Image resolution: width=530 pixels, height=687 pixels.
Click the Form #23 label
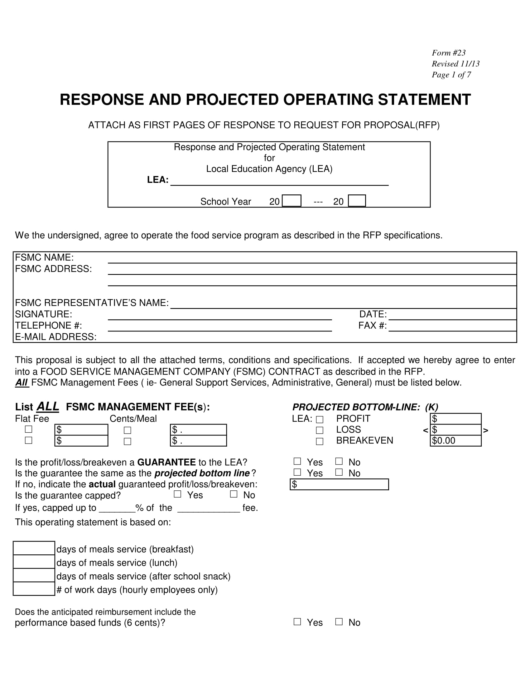click(448, 53)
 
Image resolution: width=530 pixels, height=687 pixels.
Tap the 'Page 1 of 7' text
click(451, 75)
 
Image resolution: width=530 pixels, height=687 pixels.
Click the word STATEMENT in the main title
click(424, 100)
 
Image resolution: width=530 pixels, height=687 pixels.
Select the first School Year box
click(291, 201)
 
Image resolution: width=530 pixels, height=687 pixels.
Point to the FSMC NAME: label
click(44, 257)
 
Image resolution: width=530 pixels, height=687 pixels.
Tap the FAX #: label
click(372, 325)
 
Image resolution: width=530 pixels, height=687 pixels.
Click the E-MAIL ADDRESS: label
click(55, 336)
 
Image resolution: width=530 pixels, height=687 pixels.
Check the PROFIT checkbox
click(320, 419)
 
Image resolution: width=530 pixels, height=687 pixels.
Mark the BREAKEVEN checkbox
click(320, 441)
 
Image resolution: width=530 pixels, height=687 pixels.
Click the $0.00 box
click(455, 441)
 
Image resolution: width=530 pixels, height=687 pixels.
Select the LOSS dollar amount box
click(455, 430)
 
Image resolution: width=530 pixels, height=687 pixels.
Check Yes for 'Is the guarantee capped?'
click(177, 494)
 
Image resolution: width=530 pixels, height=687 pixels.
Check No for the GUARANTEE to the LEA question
click(339, 461)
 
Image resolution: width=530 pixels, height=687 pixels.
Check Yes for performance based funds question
click(297, 621)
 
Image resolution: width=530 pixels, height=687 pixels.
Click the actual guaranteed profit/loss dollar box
click(339, 484)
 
